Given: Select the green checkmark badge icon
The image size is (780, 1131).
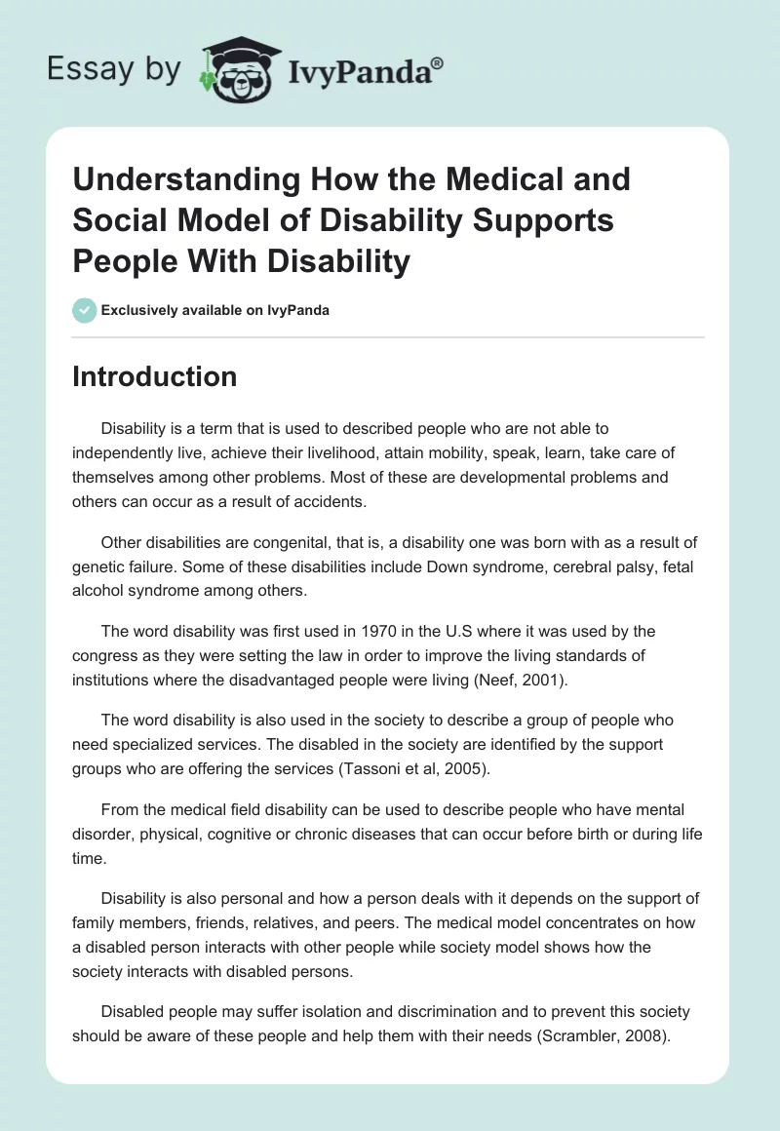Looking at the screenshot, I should (84, 309).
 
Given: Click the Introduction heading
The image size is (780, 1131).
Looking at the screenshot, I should (155, 376).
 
